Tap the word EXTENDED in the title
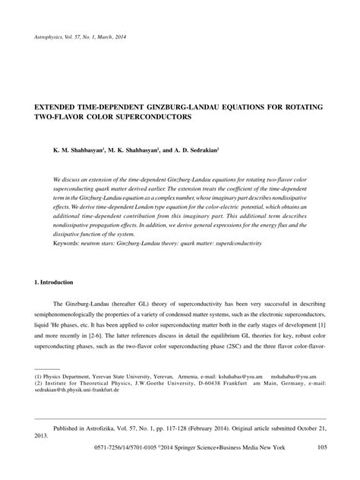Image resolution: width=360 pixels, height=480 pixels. tap(58, 109)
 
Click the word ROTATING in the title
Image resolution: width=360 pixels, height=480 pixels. tap(305, 109)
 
